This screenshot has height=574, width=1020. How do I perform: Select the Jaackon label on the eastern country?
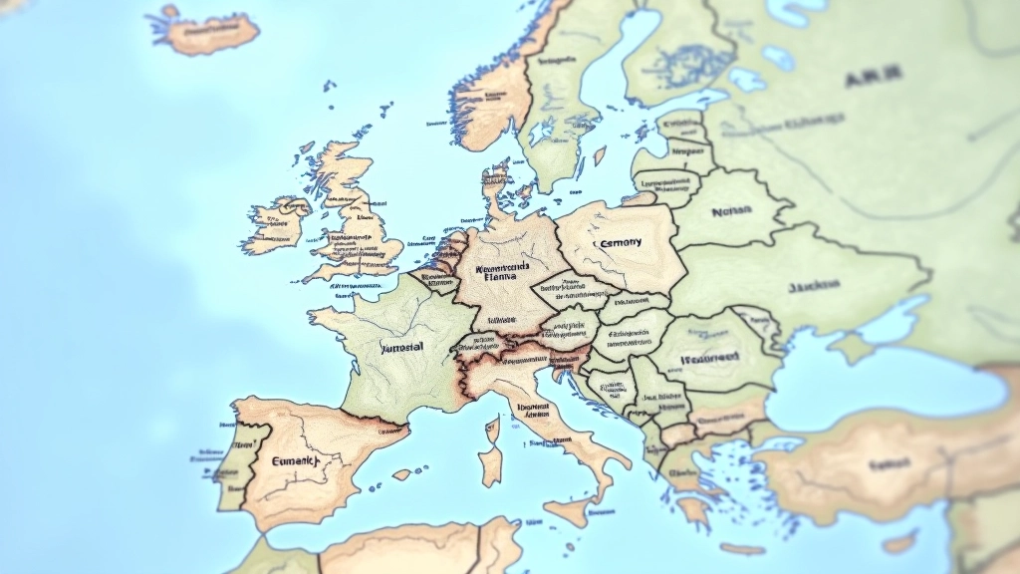[814, 286]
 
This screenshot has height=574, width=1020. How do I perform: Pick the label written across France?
[402, 347]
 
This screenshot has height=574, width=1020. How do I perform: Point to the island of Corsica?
[491, 429]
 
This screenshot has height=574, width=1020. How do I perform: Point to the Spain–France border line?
[374, 419]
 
